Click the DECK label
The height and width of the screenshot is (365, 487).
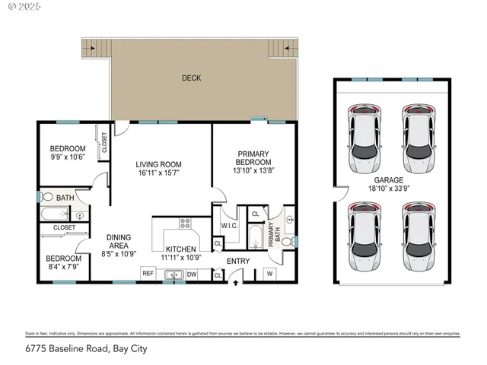point(191,78)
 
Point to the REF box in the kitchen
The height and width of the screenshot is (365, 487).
point(148,274)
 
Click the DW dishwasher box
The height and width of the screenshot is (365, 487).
point(192,274)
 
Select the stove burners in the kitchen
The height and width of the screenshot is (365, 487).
point(184,224)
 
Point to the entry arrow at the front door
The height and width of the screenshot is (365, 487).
point(234,282)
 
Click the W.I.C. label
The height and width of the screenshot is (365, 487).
point(231,226)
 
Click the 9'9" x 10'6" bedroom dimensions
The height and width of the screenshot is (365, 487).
point(68,158)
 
